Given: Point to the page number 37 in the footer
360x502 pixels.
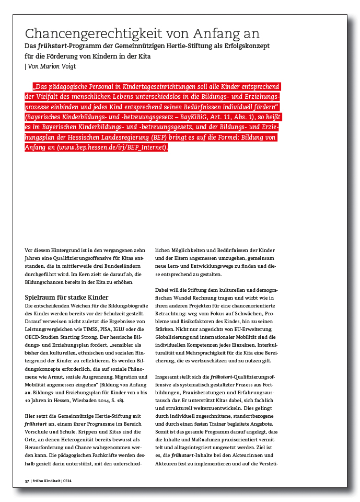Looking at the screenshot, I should pos(27,481).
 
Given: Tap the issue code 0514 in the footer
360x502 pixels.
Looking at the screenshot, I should pos(67,481).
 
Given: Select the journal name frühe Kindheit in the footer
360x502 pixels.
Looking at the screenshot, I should pos(47,481).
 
